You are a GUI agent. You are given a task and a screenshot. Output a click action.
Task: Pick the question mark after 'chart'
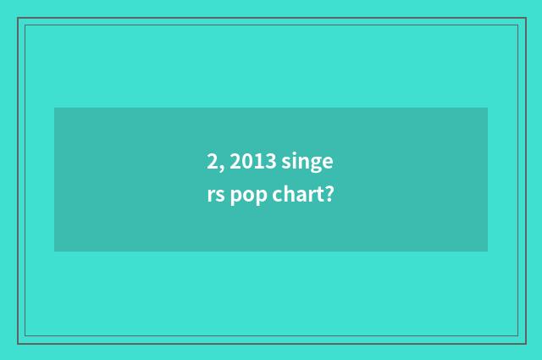point(328,196)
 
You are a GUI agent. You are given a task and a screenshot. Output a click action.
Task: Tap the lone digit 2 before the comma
point(211,161)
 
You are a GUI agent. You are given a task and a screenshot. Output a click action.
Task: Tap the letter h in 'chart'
point(293,195)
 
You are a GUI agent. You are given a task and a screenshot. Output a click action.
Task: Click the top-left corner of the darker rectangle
point(55,108)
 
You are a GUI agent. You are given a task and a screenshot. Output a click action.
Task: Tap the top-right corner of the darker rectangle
point(487,108)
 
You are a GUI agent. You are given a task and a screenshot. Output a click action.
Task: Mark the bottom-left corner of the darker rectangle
point(55,251)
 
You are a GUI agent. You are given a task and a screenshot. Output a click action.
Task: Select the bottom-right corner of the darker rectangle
point(487,251)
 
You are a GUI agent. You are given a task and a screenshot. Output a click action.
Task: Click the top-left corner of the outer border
point(18,18)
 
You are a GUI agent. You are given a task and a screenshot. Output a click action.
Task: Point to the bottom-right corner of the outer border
point(525,343)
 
